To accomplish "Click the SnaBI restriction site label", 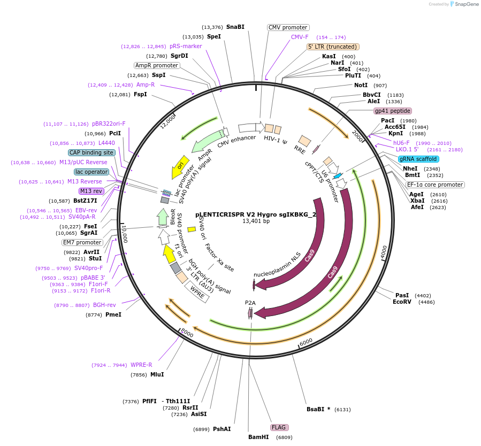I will [235, 27].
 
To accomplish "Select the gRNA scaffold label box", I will [418, 159].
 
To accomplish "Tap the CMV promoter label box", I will [288, 27].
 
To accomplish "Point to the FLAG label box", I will [279, 427].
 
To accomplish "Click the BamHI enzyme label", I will [258, 437].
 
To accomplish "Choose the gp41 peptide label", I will [393, 111].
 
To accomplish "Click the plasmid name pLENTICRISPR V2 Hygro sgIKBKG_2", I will [256, 214].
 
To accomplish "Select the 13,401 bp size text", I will [256, 221].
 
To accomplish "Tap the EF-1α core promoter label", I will [435, 184].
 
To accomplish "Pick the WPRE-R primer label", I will [141, 365].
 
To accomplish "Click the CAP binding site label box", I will [91, 152].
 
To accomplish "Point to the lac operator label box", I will [91, 172].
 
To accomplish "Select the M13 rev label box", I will [91, 191].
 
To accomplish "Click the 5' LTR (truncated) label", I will [332, 47].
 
